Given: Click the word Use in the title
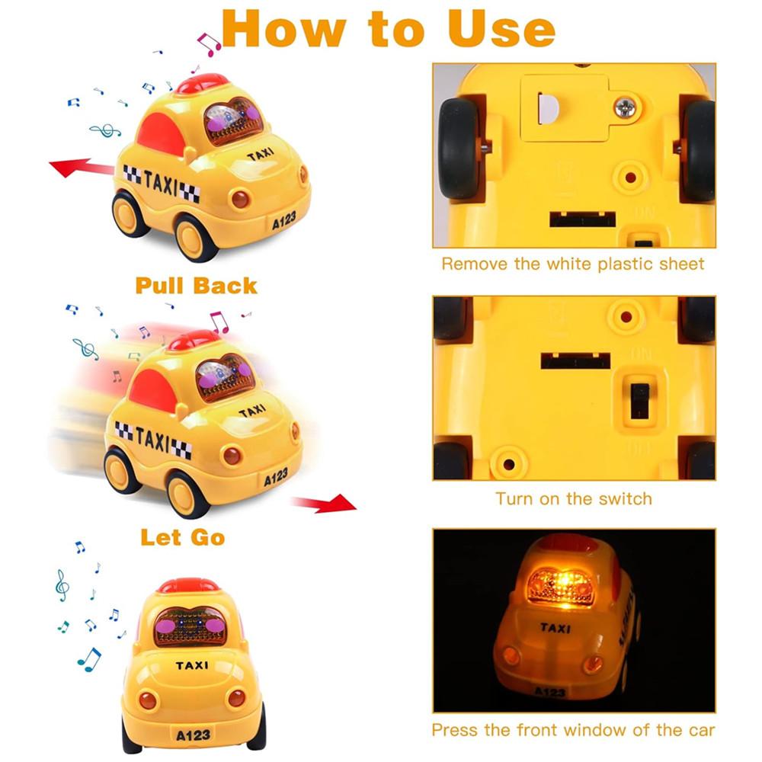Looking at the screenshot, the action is point(501,29).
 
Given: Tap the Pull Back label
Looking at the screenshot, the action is point(196,286).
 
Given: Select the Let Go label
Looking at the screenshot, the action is point(183,537).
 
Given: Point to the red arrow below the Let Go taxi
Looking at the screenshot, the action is point(325,504).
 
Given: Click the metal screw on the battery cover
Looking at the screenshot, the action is point(625,107).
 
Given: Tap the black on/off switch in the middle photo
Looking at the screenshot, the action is point(639,401).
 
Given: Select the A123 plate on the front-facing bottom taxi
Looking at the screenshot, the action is point(193,735).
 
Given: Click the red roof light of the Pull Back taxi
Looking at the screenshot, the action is point(202,84).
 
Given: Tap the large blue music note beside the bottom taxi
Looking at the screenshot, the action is point(89,660).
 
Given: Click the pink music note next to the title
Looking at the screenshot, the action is point(209,44).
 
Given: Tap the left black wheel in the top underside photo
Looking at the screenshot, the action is point(459,149).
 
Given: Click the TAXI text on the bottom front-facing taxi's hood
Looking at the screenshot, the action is point(192,665).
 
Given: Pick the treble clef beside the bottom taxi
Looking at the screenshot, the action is point(62,585).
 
